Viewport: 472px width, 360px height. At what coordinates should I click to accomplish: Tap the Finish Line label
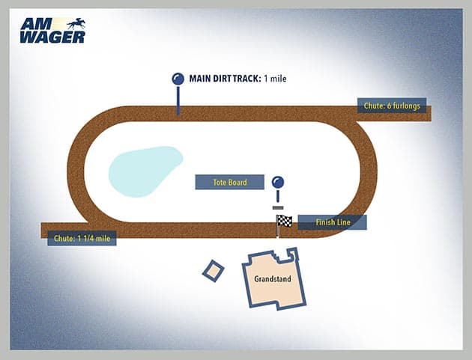click(x=333, y=222)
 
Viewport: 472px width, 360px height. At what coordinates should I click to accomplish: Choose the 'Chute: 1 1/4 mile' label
click(x=82, y=239)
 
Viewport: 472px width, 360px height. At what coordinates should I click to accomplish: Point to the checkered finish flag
click(x=284, y=221)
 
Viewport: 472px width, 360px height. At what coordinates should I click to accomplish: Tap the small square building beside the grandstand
click(x=213, y=271)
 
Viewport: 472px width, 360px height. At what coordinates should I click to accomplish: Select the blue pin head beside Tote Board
click(x=278, y=182)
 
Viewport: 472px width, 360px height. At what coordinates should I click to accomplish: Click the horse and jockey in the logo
click(x=75, y=23)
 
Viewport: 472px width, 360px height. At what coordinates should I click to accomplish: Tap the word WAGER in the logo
click(x=52, y=36)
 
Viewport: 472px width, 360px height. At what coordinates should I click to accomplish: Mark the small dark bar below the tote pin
click(x=278, y=207)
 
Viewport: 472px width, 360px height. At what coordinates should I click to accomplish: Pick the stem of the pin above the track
click(x=178, y=100)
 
